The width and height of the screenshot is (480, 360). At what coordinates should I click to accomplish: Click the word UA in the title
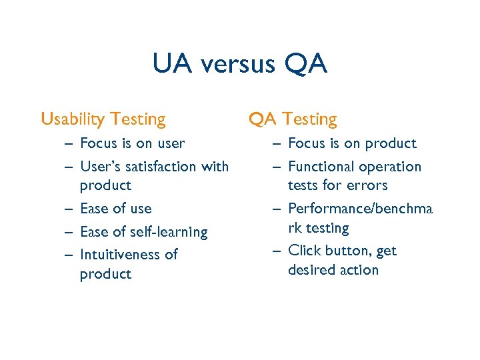pyautogui.click(x=172, y=65)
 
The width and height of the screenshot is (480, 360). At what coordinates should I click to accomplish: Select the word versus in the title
pyautogui.click(x=237, y=65)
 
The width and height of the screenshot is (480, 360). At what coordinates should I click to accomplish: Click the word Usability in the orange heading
pyautogui.click(x=73, y=119)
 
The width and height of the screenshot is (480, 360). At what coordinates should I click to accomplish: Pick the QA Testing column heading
pyautogui.click(x=293, y=119)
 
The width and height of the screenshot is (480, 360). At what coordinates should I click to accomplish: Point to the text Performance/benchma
pyautogui.click(x=360, y=209)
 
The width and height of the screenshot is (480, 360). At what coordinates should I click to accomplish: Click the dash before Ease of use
pyautogui.click(x=69, y=209)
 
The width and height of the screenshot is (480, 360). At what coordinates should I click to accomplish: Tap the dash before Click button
pyautogui.click(x=277, y=251)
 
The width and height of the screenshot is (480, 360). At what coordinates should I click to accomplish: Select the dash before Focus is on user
pyautogui.click(x=69, y=143)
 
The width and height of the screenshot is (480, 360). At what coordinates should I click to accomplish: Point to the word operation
pyautogui.click(x=389, y=167)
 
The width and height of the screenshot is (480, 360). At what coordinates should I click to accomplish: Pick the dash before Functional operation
pyautogui.click(x=277, y=167)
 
